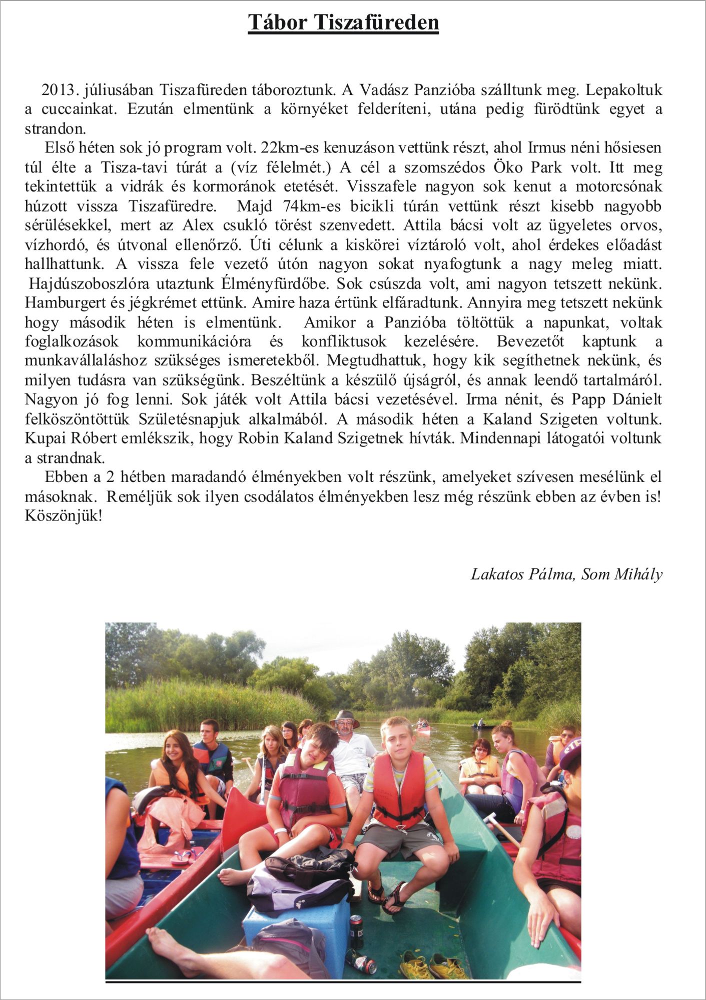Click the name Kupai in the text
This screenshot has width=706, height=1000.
(45, 438)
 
